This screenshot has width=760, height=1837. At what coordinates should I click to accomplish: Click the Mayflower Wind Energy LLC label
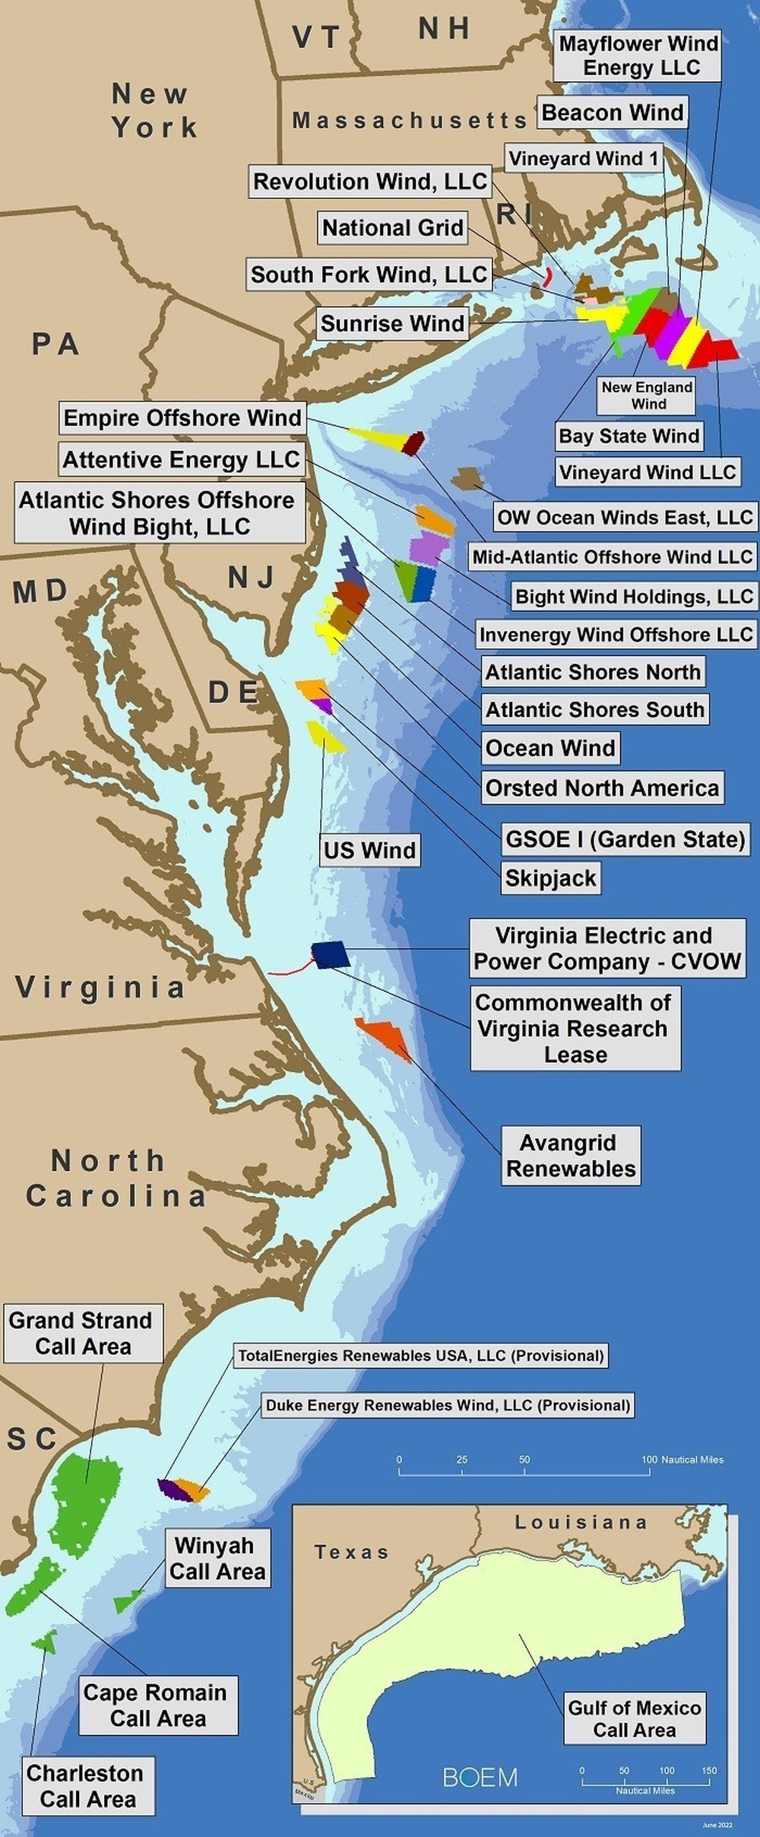(x=638, y=56)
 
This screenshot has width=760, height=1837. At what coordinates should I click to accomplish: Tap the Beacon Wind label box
(x=612, y=113)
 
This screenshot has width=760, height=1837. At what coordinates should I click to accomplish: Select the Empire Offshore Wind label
(x=182, y=417)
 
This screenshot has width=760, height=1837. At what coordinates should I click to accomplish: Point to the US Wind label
(x=369, y=850)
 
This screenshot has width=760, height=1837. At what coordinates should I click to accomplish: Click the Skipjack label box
(x=550, y=878)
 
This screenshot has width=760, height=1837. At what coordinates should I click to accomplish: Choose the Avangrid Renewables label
(x=571, y=1155)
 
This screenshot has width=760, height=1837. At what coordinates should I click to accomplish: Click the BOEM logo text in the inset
(x=480, y=1777)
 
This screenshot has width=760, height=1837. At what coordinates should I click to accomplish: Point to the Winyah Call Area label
(x=217, y=1558)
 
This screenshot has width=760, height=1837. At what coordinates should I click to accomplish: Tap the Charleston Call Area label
(x=87, y=1786)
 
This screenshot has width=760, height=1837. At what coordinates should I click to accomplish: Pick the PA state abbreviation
(x=55, y=344)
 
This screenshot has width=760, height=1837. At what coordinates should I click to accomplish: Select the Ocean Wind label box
(x=550, y=748)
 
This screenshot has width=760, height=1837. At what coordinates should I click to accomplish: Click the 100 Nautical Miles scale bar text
(x=682, y=1459)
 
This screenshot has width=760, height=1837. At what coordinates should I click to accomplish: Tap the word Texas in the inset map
(x=351, y=1552)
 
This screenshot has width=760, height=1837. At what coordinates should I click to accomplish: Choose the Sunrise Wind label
(x=392, y=323)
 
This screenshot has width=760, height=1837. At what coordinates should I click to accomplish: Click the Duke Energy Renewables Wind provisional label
(x=448, y=1405)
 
